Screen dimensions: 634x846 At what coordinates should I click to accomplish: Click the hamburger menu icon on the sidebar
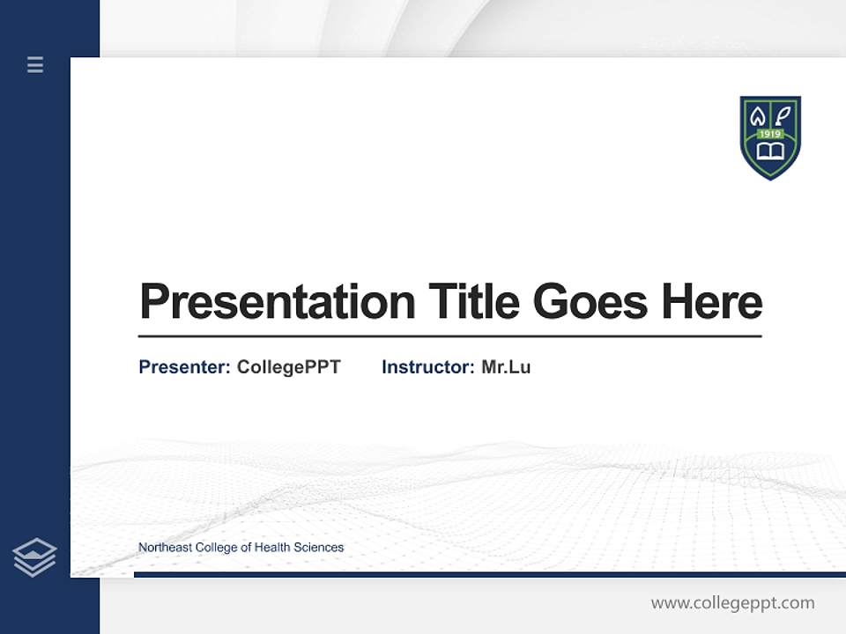coord(35,64)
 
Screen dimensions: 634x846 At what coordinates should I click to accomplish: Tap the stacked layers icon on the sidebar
coord(34,557)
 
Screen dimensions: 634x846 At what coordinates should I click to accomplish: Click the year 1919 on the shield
coord(770,134)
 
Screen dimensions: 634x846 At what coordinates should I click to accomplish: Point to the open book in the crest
coord(770,152)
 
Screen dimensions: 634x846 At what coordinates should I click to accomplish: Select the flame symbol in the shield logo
coord(758,115)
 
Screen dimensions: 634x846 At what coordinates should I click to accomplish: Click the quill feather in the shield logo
coord(783,115)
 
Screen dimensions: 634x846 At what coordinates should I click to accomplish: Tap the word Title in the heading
coord(473,302)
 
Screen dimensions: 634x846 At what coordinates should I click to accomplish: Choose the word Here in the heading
coord(712,302)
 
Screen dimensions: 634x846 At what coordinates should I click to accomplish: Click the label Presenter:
coord(184,367)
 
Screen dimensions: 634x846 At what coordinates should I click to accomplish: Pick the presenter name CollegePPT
coord(288,367)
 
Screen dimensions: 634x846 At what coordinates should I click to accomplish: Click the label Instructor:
coord(428,367)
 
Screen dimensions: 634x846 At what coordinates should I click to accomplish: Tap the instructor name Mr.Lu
coord(506,367)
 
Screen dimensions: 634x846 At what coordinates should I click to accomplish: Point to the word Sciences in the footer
coord(319,548)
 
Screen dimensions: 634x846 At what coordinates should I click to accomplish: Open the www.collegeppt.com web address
coord(732,603)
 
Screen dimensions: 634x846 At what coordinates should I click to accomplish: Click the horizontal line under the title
coord(449,336)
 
